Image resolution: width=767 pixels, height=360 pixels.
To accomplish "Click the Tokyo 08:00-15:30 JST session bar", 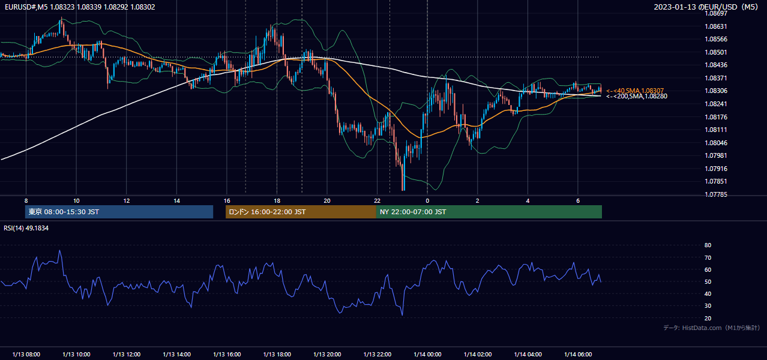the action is coord(119,212).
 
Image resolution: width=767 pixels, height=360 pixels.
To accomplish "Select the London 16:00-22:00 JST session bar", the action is coord(301,212).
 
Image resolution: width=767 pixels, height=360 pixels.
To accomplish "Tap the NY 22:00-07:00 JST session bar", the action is coord(489,212).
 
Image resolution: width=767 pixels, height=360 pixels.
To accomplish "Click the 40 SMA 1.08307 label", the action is coord(635,91).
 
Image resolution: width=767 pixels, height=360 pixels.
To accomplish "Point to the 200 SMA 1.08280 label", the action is coord(637,96).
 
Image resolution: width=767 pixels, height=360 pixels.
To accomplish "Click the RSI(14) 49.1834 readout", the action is coord(26,228).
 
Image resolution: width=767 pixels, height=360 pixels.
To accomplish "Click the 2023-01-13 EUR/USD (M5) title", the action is coord(706,7).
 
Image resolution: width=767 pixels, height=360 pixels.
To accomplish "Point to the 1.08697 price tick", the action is coord(715,13).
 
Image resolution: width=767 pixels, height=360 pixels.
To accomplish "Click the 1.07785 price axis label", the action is coord(715,194).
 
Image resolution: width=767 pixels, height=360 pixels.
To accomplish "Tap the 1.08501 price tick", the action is coord(715,52).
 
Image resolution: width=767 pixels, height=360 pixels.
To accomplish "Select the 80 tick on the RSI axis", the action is coord(708,245).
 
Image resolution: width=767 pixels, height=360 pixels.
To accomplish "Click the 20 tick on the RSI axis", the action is coord(708,318).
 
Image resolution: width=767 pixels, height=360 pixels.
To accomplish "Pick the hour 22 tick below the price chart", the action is coord(377,201).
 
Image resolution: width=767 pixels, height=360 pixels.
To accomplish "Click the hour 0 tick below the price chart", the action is coord(427,201).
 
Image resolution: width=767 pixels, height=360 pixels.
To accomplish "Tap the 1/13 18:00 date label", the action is coord(277,355).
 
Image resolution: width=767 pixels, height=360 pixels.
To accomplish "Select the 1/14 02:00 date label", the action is coord(478,355).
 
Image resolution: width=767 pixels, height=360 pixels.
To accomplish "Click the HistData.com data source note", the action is coord(712,328).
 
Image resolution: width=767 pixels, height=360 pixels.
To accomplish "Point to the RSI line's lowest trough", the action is coord(402,315).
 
